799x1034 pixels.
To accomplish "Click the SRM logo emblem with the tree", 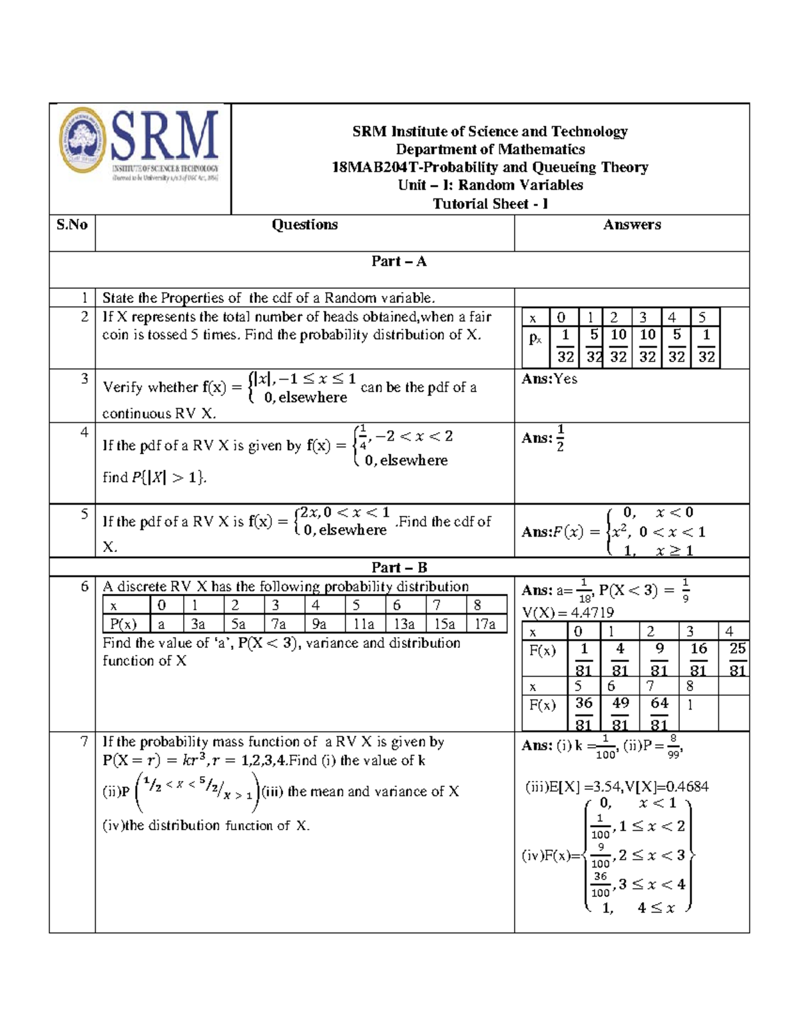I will [83, 140].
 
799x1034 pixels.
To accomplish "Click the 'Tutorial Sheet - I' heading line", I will [490, 204].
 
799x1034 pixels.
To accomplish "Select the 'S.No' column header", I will [72, 225].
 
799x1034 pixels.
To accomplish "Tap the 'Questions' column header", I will [304, 225].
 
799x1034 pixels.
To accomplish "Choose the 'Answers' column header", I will [632, 225].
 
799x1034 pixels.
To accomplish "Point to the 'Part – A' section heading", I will [399, 262].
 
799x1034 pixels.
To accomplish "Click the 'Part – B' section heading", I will [399, 567].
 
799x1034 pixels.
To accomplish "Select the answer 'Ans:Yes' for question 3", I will [549, 379].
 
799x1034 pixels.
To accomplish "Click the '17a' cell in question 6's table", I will [485, 624].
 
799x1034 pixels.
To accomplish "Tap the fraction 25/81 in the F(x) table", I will [737, 659].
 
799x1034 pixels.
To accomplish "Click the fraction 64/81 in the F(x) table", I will [659, 714].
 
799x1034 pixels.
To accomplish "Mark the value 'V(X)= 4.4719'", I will [567, 613].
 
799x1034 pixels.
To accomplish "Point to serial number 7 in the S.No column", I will [84, 742].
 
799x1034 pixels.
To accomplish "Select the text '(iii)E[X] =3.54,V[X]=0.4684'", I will [617, 787].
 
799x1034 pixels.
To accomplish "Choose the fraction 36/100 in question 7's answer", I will [600, 885].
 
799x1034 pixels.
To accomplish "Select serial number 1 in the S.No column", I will [84, 298].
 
